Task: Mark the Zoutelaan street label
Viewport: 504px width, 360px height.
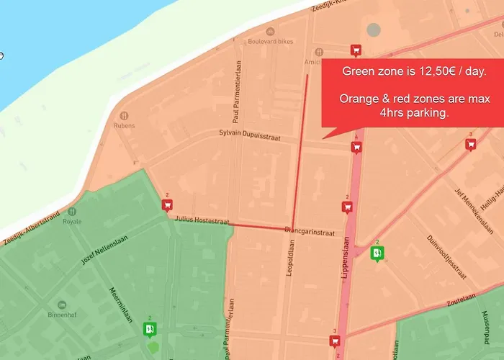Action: (x=464, y=297)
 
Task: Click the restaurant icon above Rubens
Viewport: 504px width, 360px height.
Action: (x=124, y=114)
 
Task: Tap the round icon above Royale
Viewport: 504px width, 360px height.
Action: (x=72, y=212)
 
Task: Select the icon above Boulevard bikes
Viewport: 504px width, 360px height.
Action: (x=271, y=31)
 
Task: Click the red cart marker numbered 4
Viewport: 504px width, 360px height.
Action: (x=356, y=147)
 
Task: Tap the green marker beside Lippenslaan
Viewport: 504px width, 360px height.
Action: (x=377, y=253)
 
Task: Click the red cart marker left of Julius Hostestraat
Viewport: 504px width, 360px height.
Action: (x=167, y=205)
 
